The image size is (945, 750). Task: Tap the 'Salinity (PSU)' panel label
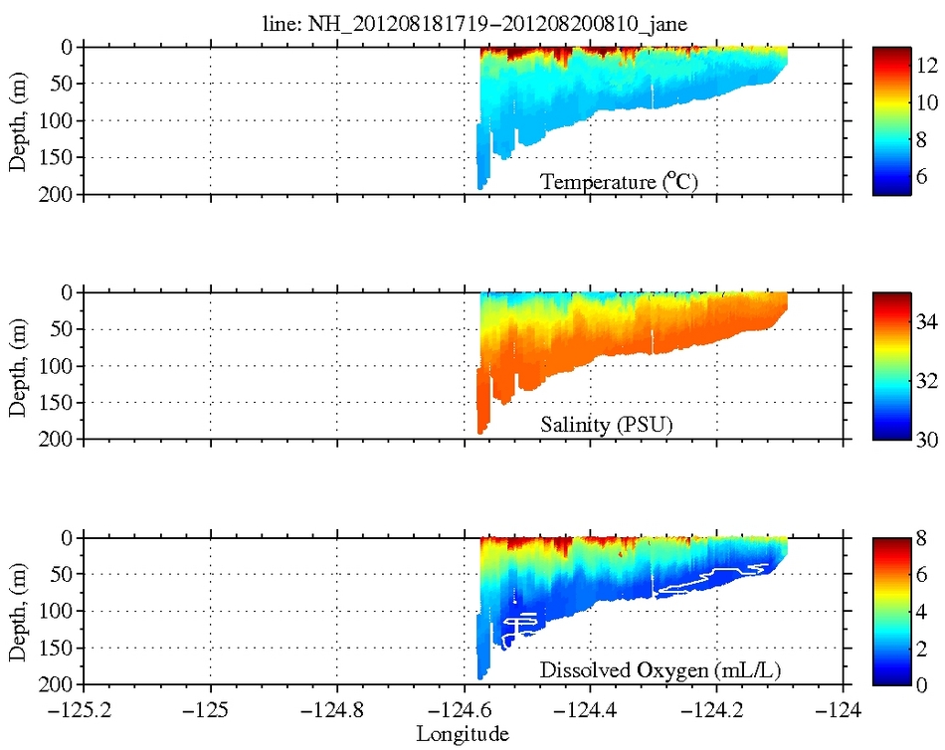pyautogui.click(x=607, y=427)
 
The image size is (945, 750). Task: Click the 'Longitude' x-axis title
pyautogui.click(x=463, y=734)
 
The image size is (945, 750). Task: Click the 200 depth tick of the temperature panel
pyautogui.click(x=59, y=194)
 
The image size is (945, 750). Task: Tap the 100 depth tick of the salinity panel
pyautogui.click(x=59, y=365)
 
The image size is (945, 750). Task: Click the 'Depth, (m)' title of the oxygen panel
pyautogui.click(x=17, y=612)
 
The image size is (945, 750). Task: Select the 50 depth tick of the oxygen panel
pyautogui.click(x=63, y=574)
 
